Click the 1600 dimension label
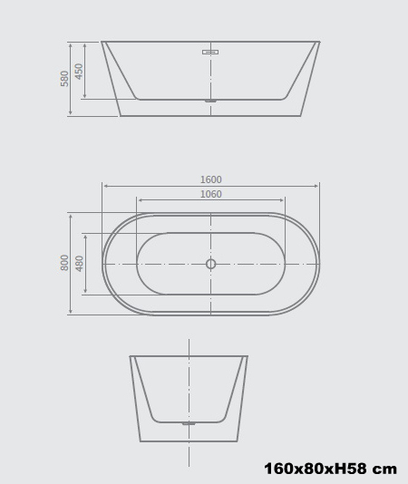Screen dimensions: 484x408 click(x=210, y=179)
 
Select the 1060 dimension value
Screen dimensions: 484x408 click(x=210, y=194)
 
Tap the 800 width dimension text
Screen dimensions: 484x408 click(x=65, y=263)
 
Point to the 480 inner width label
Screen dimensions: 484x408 click(x=80, y=264)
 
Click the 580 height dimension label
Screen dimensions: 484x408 click(x=65, y=79)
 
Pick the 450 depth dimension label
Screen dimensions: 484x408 click(x=80, y=71)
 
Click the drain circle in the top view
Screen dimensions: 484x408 click(x=210, y=264)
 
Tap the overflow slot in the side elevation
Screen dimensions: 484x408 click(x=209, y=52)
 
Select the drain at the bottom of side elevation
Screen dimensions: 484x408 click(x=209, y=101)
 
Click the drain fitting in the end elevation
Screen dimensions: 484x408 click(x=189, y=423)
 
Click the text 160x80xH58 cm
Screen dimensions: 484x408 click(x=330, y=469)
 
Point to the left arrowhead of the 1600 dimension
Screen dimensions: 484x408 click(x=104, y=186)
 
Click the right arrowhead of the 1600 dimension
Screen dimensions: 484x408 click(x=317, y=186)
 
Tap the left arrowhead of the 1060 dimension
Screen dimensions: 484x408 click(x=139, y=200)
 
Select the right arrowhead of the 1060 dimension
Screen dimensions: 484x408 click(x=283, y=200)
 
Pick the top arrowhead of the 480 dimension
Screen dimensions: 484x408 click(x=85, y=235)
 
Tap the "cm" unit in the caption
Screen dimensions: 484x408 click(x=386, y=469)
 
